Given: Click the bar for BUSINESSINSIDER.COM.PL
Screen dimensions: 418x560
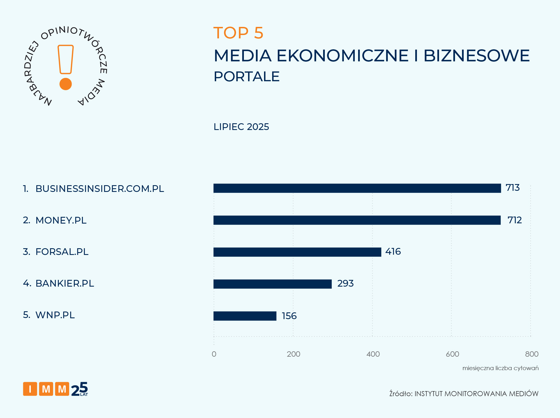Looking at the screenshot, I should [x=357, y=188].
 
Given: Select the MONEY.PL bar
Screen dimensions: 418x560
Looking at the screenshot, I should [x=357, y=220].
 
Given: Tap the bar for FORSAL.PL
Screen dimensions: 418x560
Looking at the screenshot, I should [x=297, y=252].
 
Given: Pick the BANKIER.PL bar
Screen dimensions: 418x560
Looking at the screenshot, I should [x=272, y=284].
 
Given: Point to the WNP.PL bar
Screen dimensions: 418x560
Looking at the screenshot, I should [x=245, y=316].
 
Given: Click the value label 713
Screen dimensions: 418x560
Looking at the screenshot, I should [x=512, y=188].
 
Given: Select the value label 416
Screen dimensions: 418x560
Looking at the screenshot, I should [x=393, y=252].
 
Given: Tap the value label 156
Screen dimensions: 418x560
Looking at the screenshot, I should [x=289, y=316].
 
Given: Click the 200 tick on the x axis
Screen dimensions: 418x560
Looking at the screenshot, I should [x=293, y=354].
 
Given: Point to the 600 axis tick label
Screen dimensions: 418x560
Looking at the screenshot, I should [x=452, y=354].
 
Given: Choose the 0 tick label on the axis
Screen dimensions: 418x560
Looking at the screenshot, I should [x=214, y=354].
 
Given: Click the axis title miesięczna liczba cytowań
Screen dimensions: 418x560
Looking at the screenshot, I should [x=500, y=368].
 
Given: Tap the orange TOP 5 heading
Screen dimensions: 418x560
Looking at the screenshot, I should [x=238, y=33].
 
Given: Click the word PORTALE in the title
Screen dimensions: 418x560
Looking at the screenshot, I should [x=246, y=76].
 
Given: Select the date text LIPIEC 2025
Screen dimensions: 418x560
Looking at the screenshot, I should [x=241, y=127].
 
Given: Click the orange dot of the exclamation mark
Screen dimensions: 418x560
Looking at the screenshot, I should [x=66, y=84].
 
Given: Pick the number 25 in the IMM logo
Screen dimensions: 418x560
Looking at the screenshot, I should [x=79, y=389].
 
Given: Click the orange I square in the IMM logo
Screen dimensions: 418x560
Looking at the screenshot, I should [x=30, y=389].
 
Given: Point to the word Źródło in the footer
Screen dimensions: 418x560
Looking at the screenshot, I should [x=400, y=394].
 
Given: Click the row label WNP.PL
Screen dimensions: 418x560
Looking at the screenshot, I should [x=55, y=315].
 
